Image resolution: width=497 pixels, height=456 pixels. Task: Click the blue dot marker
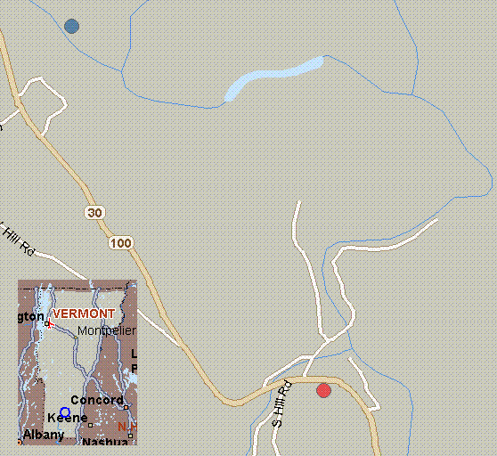(x=71, y=26)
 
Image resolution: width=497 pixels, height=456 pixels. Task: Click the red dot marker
(x=323, y=390)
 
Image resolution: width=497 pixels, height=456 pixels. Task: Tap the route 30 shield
(x=95, y=213)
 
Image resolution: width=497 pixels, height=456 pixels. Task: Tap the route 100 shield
(x=119, y=242)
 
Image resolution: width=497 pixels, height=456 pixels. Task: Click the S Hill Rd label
(x=281, y=404)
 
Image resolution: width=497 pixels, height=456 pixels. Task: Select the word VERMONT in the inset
(x=84, y=313)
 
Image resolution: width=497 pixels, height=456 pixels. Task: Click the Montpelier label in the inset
(x=106, y=330)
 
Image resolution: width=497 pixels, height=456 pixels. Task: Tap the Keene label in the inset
(x=67, y=418)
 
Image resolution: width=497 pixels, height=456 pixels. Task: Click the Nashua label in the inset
(x=103, y=441)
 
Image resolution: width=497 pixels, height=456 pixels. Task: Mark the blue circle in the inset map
(x=65, y=412)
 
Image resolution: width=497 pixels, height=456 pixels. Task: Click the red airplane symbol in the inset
(x=50, y=324)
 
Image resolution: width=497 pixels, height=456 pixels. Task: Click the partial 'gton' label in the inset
(x=30, y=316)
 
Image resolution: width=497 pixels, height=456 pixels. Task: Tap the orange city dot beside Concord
(x=126, y=408)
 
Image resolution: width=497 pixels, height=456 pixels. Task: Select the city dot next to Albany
(x=20, y=441)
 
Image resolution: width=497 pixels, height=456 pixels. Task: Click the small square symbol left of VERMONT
(x=48, y=324)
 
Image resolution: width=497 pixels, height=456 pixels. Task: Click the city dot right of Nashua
(x=130, y=436)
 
